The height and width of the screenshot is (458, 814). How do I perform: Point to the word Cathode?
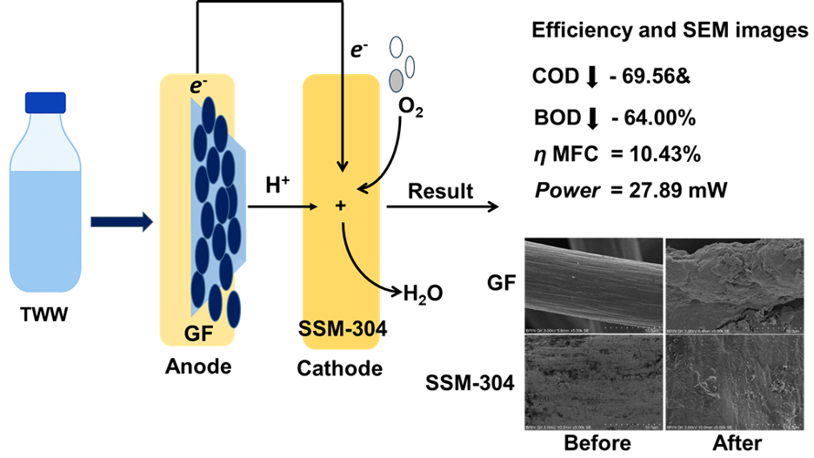tap(339, 368)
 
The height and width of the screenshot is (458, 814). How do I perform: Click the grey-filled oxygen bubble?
tap(396, 80)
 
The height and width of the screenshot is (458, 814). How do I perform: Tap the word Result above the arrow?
tap(441, 191)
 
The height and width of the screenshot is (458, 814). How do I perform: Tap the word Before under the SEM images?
tap(597, 443)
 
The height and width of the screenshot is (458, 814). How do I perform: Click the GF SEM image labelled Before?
tap(595, 286)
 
